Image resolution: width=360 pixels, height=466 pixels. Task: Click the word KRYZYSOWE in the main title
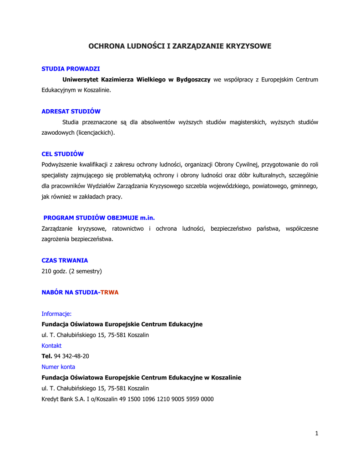point(248,46)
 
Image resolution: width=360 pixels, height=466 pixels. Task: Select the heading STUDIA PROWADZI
point(71,69)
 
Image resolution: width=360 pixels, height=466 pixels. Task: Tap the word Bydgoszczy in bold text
point(193,80)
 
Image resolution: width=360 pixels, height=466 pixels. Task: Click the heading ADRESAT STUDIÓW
point(71,111)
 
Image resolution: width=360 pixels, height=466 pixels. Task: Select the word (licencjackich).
point(96,133)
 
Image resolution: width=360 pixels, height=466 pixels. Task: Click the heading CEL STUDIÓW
point(63,154)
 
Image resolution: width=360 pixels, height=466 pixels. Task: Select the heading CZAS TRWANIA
point(65,261)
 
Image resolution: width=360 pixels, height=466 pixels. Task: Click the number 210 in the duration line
point(47,271)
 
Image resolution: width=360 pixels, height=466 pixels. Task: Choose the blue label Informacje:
point(56,314)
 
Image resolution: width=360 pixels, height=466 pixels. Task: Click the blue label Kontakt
point(51,346)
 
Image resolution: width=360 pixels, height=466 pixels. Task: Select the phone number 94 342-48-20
point(71,356)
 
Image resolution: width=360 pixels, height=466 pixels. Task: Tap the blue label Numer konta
point(58,367)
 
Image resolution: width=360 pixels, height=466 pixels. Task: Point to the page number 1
point(316,433)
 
